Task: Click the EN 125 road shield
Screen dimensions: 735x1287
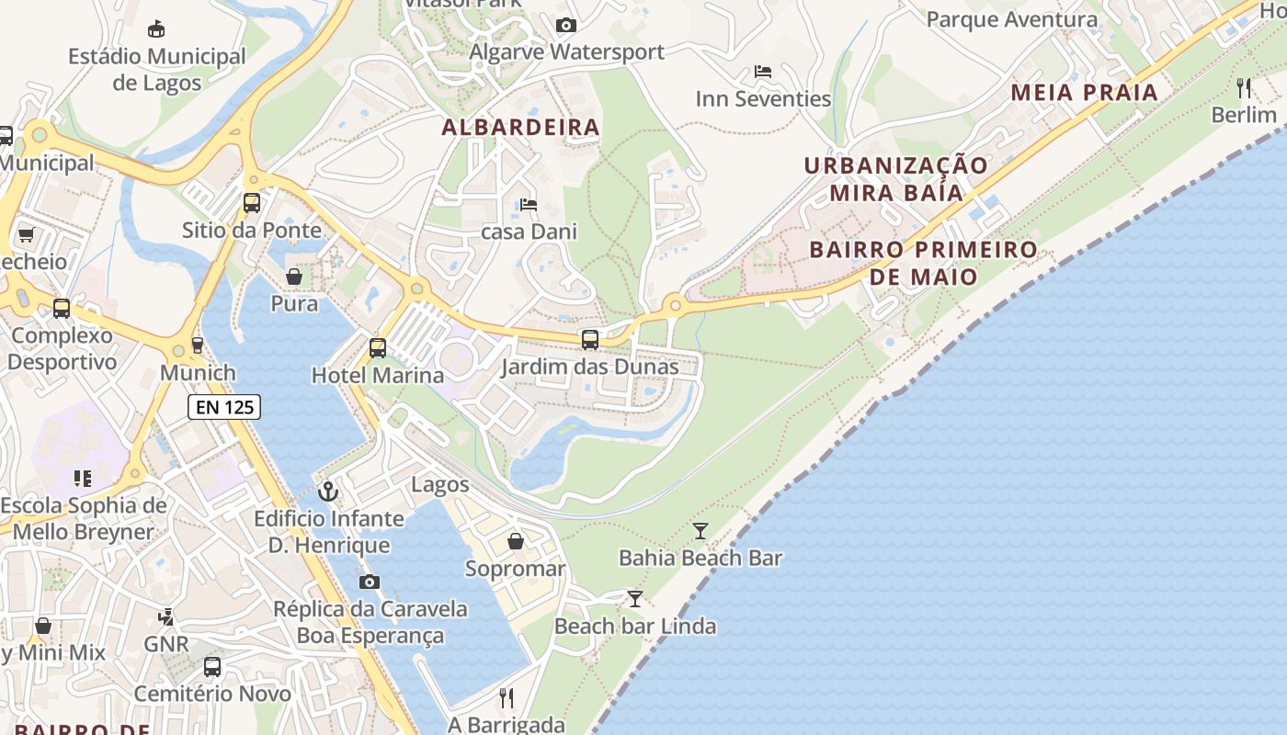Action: (x=224, y=407)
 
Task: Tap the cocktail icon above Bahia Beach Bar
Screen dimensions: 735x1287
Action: (x=700, y=530)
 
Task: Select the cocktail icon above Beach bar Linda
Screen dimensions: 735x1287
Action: (x=634, y=599)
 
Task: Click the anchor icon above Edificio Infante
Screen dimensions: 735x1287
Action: (x=328, y=492)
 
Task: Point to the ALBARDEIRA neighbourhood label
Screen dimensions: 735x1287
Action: (x=520, y=128)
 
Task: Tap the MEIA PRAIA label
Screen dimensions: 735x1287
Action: (x=1084, y=93)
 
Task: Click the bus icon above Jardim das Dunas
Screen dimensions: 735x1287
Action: (x=590, y=340)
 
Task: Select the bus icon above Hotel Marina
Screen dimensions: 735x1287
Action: (x=377, y=348)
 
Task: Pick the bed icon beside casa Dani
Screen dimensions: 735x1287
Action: (x=528, y=204)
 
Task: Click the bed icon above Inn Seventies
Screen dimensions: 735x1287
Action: (x=762, y=72)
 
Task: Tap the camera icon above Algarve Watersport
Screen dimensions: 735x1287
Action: (x=566, y=25)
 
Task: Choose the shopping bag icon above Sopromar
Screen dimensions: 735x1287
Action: (x=516, y=541)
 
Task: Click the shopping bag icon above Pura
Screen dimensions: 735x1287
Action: (x=294, y=277)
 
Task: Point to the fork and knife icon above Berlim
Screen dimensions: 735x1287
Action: (x=1244, y=88)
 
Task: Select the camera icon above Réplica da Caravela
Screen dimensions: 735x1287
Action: (x=370, y=582)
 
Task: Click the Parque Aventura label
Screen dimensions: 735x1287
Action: (x=1011, y=19)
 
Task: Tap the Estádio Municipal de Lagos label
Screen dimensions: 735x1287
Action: (x=157, y=69)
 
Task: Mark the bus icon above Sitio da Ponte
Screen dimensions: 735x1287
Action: (x=251, y=203)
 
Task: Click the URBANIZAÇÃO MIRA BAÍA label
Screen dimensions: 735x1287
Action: (x=895, y=179)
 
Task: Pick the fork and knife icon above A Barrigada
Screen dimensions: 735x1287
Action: (x=506, y=698)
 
